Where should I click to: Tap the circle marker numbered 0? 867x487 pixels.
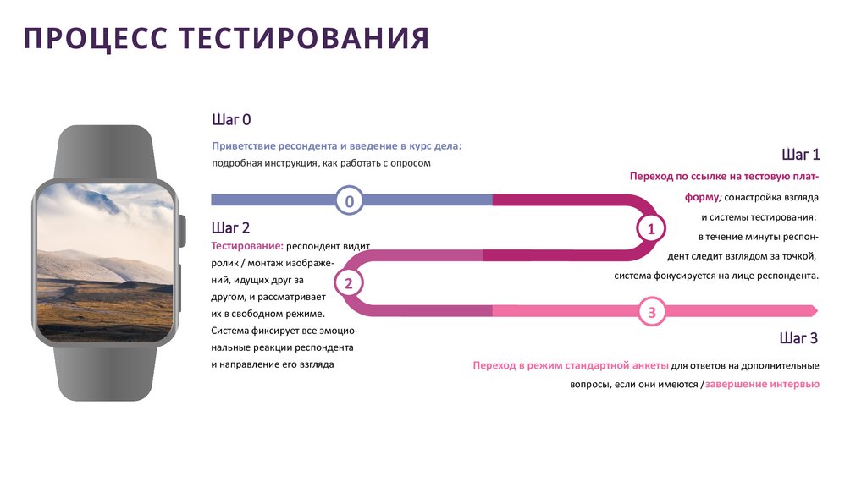pyautogui.click(x=349, y=200)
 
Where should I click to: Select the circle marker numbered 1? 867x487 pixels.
pyautogui.click(x=650, y=228)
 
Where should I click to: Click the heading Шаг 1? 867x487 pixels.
pyautogui.click(x=800, y=155)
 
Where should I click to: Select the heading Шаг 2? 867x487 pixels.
pyautogui.click(x=230, y=227)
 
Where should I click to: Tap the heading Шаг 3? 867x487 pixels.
pyautogui.click(x=798, y=338)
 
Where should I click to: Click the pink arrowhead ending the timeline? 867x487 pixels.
pyautogui.click(x=813, y=310)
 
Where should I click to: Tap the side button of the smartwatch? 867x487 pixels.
pyautogui.click(x=183, y=232)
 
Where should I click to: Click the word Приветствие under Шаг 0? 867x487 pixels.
pyautogui.click(x=245, y=146)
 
